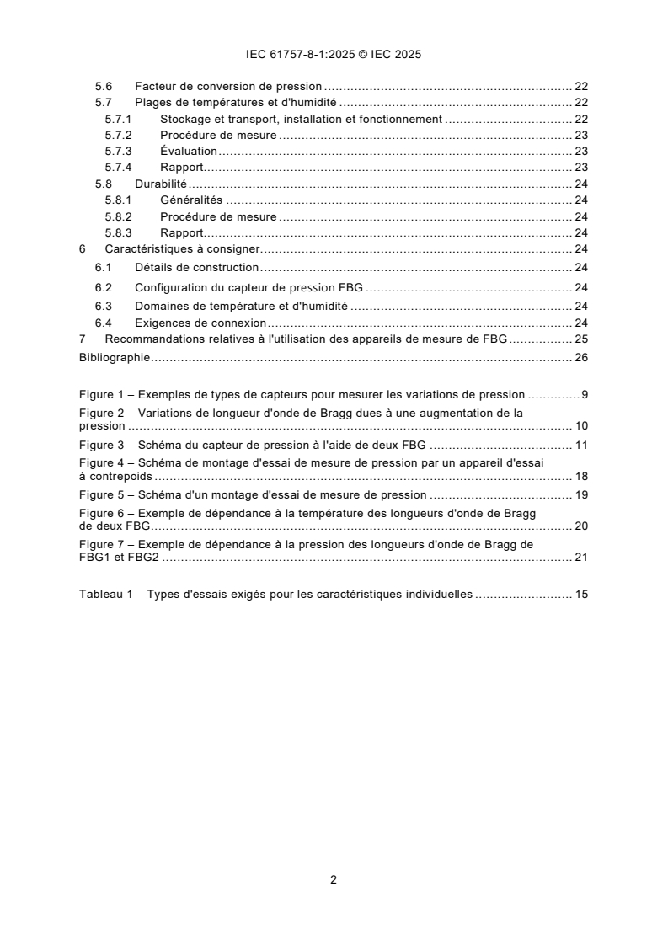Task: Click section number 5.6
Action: tap(102, 87)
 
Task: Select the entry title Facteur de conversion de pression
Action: tap(228, 87)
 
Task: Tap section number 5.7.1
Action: tap(118, 119)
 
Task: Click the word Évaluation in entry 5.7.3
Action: tap(189, 151)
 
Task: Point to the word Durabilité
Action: tap(160, 183)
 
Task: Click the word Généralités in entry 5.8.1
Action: tap(191, 200)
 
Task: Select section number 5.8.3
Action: tap(118, 232)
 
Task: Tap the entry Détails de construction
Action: tap(196, 267)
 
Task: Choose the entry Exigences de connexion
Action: tap(200, 323)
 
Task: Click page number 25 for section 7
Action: tap(580, 339)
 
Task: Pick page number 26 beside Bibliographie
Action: tap(580, 357)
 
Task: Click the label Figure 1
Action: tap(103, 394)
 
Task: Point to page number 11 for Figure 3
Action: tap(580, 445)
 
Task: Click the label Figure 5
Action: tap(103, 494)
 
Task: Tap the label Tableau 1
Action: tap(106, 594)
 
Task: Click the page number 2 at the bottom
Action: tap(334, 880)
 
